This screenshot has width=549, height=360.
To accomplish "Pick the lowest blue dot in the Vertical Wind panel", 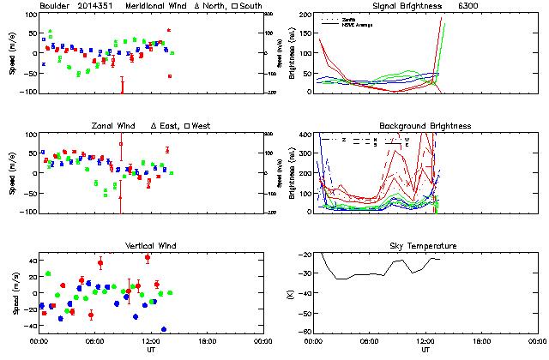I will pos(163,329).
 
